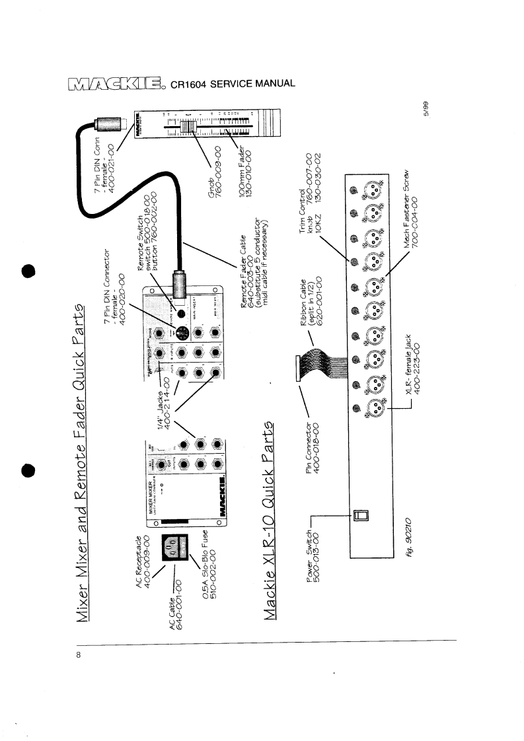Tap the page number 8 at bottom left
(x=78, y=656)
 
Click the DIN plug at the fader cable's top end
(x=106, y=123)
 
